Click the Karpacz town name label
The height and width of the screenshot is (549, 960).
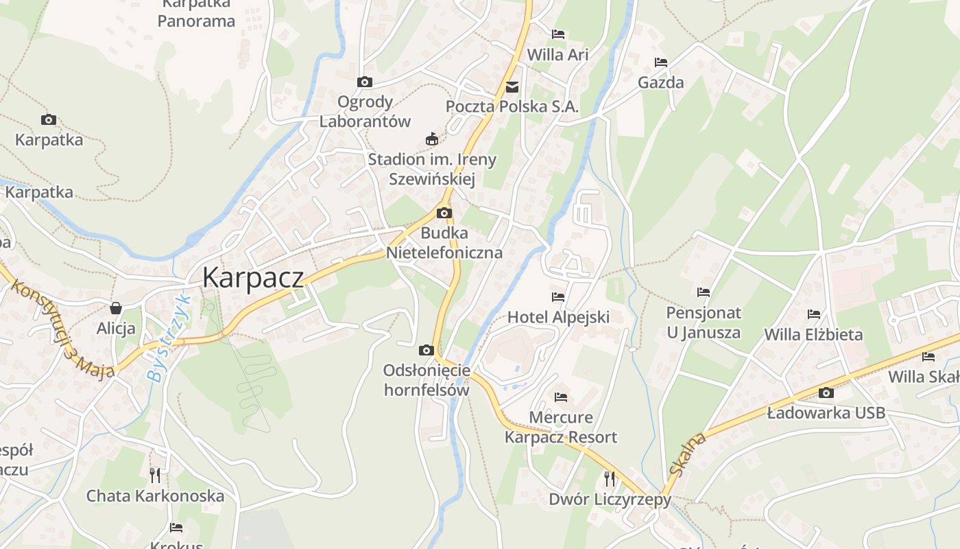[x=253, y=277]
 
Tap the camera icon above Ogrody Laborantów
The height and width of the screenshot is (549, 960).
[x=365, y=82]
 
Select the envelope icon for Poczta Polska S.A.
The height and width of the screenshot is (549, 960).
[x=512, y=87]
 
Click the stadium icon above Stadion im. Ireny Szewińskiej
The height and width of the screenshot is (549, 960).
[x=432, y=139]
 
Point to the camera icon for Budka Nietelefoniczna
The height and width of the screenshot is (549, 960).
[x=444, y=213]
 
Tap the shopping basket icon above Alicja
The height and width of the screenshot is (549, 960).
[x=116, y=309]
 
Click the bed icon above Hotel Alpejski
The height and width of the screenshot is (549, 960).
[x=558, y=297]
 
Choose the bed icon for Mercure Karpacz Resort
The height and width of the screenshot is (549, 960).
[x=561, y=397]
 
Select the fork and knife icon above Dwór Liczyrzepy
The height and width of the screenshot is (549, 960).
[x=609, y=478]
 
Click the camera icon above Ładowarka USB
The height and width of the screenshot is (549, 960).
[x=826, y=393]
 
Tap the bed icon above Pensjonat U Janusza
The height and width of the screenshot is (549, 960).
[x=704, y=292]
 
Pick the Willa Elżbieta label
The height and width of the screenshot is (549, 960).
[x=813, y=335]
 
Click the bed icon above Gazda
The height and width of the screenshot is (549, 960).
[x=661, y=62]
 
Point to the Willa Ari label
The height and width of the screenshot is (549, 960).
[x=557, y=55]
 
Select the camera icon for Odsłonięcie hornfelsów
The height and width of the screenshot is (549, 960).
[x=427, y=351]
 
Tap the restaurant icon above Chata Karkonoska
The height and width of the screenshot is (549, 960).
[x=155, y=474]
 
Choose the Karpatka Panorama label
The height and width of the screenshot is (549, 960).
[x=196, y=14]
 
